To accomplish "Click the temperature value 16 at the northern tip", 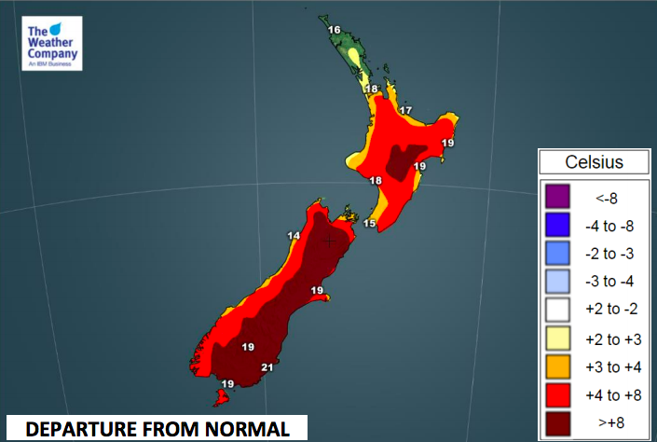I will [x=334, y=30].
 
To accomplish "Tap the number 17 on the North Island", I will [x=405, y=111].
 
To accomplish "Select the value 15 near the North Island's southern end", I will [x=369, y=224].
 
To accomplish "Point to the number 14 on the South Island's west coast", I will [x=294, y=236].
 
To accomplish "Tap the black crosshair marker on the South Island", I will [x=329, y=241].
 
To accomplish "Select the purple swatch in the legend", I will [x=556, y=198].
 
